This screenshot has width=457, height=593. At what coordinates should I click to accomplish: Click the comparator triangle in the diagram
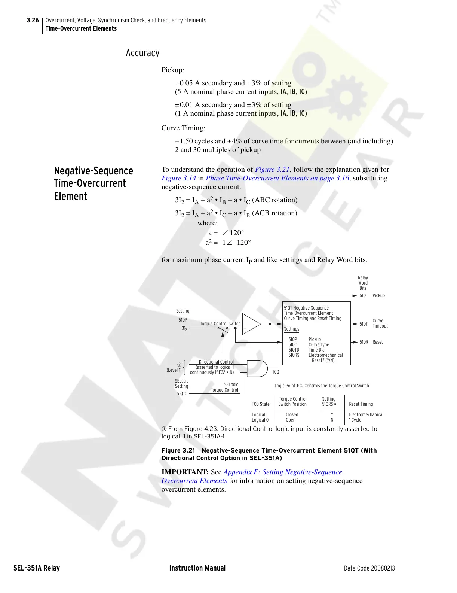point(251,324)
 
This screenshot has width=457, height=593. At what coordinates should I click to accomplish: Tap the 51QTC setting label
point(182,393)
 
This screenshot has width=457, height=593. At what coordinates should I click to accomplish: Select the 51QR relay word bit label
point(364,342)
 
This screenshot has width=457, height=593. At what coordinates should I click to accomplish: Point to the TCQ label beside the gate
point(276,372)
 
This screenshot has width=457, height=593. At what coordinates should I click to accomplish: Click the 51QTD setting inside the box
point(294,350)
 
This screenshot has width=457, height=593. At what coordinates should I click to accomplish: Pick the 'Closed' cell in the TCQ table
point(292,414)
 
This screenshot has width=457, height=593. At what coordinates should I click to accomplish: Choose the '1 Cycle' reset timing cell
point(355,420)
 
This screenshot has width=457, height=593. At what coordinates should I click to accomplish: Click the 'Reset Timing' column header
point(361,404)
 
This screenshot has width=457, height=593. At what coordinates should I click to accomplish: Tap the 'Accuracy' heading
point(142,53)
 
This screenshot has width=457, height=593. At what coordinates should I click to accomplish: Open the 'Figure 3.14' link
point(179,178)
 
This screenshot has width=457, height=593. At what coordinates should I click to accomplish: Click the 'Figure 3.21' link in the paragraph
point(272,170)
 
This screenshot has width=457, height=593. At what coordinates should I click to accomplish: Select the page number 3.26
point(33,20)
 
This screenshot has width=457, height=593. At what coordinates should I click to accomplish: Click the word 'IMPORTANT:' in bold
point(185,472)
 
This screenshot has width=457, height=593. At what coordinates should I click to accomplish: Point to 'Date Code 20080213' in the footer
point(369,568)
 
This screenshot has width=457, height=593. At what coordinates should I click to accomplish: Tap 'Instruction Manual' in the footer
point(197,568)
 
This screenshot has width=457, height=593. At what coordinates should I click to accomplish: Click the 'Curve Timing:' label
point(183,128)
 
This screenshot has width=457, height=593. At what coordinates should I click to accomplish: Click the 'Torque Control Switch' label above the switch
point(220,323)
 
